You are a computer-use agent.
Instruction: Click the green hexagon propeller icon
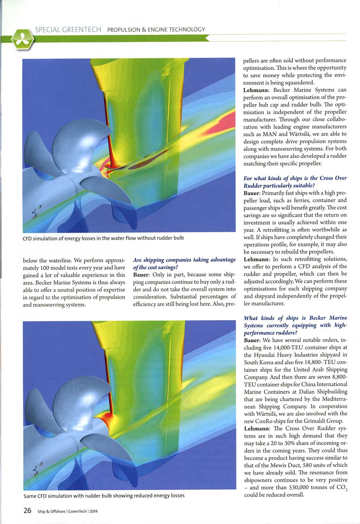(22, 39)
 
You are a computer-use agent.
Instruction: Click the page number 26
(28, 510)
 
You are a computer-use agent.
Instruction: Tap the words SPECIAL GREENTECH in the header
(69, 30)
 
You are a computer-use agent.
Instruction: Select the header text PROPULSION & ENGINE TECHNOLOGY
(156, 30)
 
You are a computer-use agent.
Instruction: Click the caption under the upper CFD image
(103, 239)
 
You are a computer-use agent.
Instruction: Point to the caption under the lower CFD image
(104, 496)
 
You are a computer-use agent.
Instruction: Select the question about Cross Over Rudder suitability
(295, 181)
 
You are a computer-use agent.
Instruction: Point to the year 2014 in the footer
(94, 511)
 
